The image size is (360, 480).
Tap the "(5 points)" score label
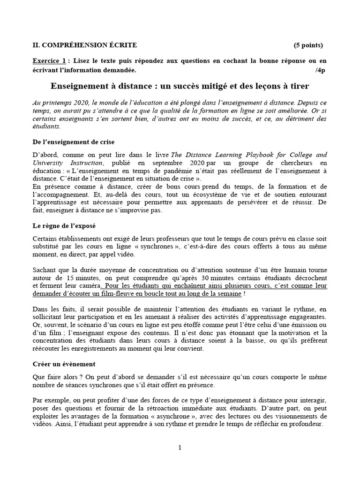pyautogui.click(x=308, y=45)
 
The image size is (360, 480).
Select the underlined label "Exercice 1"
pyautogui.click(x=49, y=61)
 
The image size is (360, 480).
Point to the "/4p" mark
pyautogui.click(x=320, y=70)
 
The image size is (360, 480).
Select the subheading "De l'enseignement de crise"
pyautogui.click(x=74, y=142)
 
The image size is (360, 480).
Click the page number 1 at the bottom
pyautogui.click(x=180, y=448)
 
